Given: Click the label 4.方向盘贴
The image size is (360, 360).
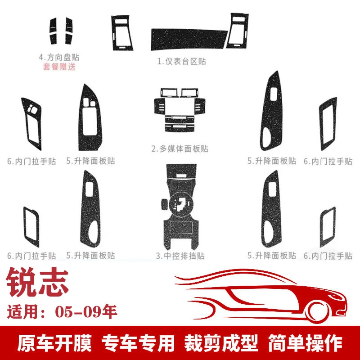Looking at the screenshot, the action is pos(59,57).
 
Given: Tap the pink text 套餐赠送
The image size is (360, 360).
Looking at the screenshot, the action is pos(59,67).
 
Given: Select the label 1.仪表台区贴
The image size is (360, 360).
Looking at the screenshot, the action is pos(181,61).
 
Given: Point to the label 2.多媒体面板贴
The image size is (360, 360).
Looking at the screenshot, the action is pos(180,149).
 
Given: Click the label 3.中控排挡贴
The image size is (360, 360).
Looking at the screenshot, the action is pos(180,256).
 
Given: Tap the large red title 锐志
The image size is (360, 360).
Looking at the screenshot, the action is pos(38,282).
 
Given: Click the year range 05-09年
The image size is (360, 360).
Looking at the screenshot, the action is pos(86,312).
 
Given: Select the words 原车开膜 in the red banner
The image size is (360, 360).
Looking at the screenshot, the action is pos(54,343).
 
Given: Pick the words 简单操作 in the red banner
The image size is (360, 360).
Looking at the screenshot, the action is pos(306,343).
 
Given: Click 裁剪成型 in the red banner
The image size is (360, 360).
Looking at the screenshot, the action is pos(221,343).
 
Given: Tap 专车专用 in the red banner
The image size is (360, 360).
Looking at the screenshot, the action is pos(138,343).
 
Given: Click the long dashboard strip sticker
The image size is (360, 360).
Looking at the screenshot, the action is pos(189,39).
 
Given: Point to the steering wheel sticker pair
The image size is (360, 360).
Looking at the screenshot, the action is pos(61,31).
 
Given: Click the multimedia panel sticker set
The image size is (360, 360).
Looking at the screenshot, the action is pos(180,110).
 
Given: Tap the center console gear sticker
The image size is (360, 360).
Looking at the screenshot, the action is pos(180,207).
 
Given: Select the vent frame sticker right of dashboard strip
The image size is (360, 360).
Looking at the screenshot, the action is pos(238,31).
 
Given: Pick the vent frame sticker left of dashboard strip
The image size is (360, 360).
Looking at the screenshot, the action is pos(121,33).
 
